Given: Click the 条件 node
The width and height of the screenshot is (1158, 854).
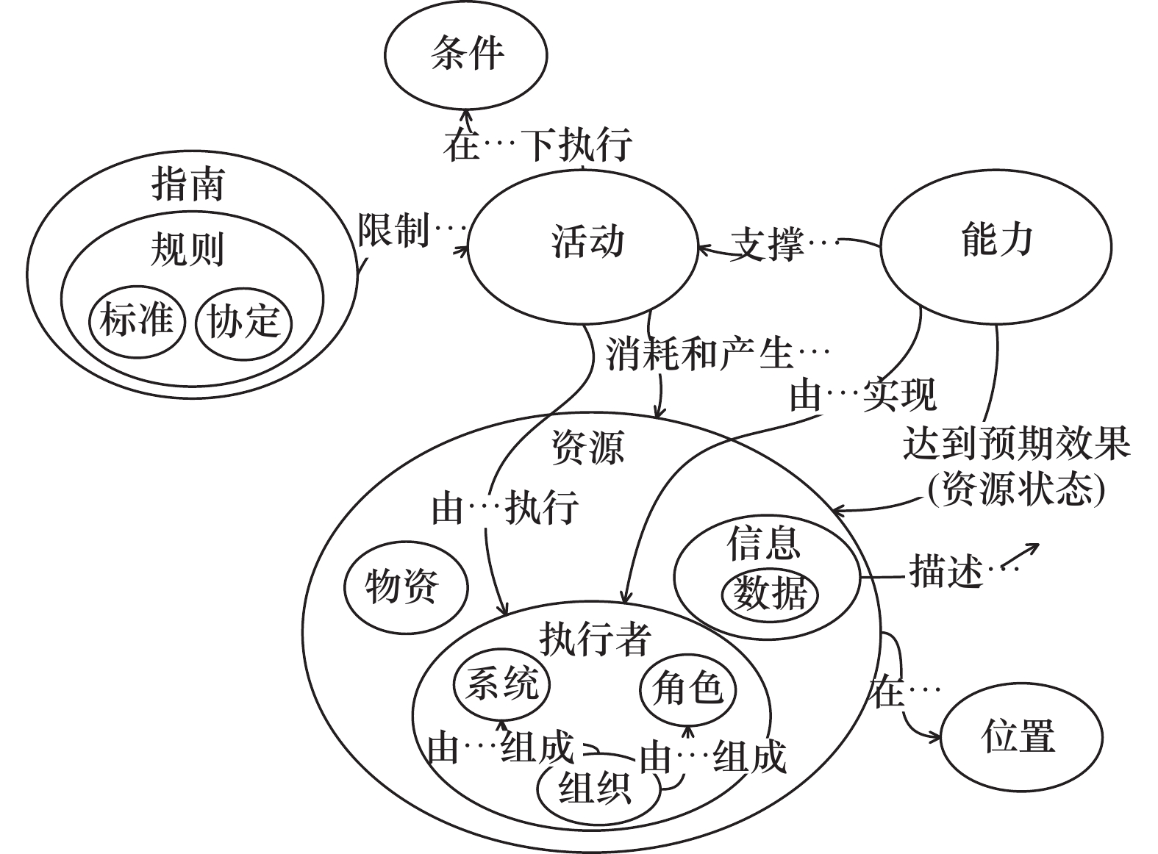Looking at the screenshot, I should (465, 55).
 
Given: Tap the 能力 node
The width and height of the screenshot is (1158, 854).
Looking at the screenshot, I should (996, 243).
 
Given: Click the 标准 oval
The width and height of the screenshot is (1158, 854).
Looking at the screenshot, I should (136, 321).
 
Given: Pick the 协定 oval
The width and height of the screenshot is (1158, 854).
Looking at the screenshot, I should (243, 323).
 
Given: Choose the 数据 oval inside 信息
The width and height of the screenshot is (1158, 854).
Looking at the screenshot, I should (770, 595).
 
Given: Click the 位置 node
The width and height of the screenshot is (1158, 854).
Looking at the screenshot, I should (1021, 737).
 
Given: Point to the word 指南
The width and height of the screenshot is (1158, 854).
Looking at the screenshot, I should (188, 184).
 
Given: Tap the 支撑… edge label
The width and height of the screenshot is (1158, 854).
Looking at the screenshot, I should (784, 243).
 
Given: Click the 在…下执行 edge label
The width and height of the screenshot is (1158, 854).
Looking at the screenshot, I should (537, 145).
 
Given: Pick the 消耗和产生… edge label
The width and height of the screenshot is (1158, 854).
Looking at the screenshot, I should (717, 355).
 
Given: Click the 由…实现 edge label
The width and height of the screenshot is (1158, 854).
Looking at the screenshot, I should (862, 396).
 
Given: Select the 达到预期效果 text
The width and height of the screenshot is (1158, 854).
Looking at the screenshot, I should (1017, 445).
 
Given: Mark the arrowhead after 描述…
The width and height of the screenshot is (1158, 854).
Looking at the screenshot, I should (1032, 548).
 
